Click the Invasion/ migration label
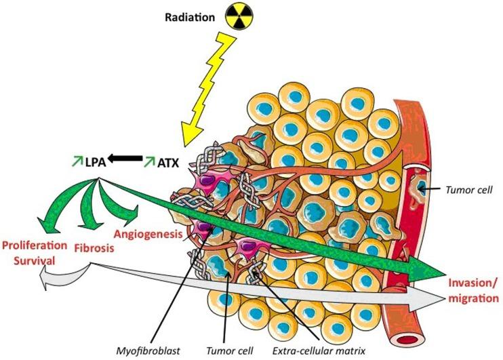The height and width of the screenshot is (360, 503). point(473,290)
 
